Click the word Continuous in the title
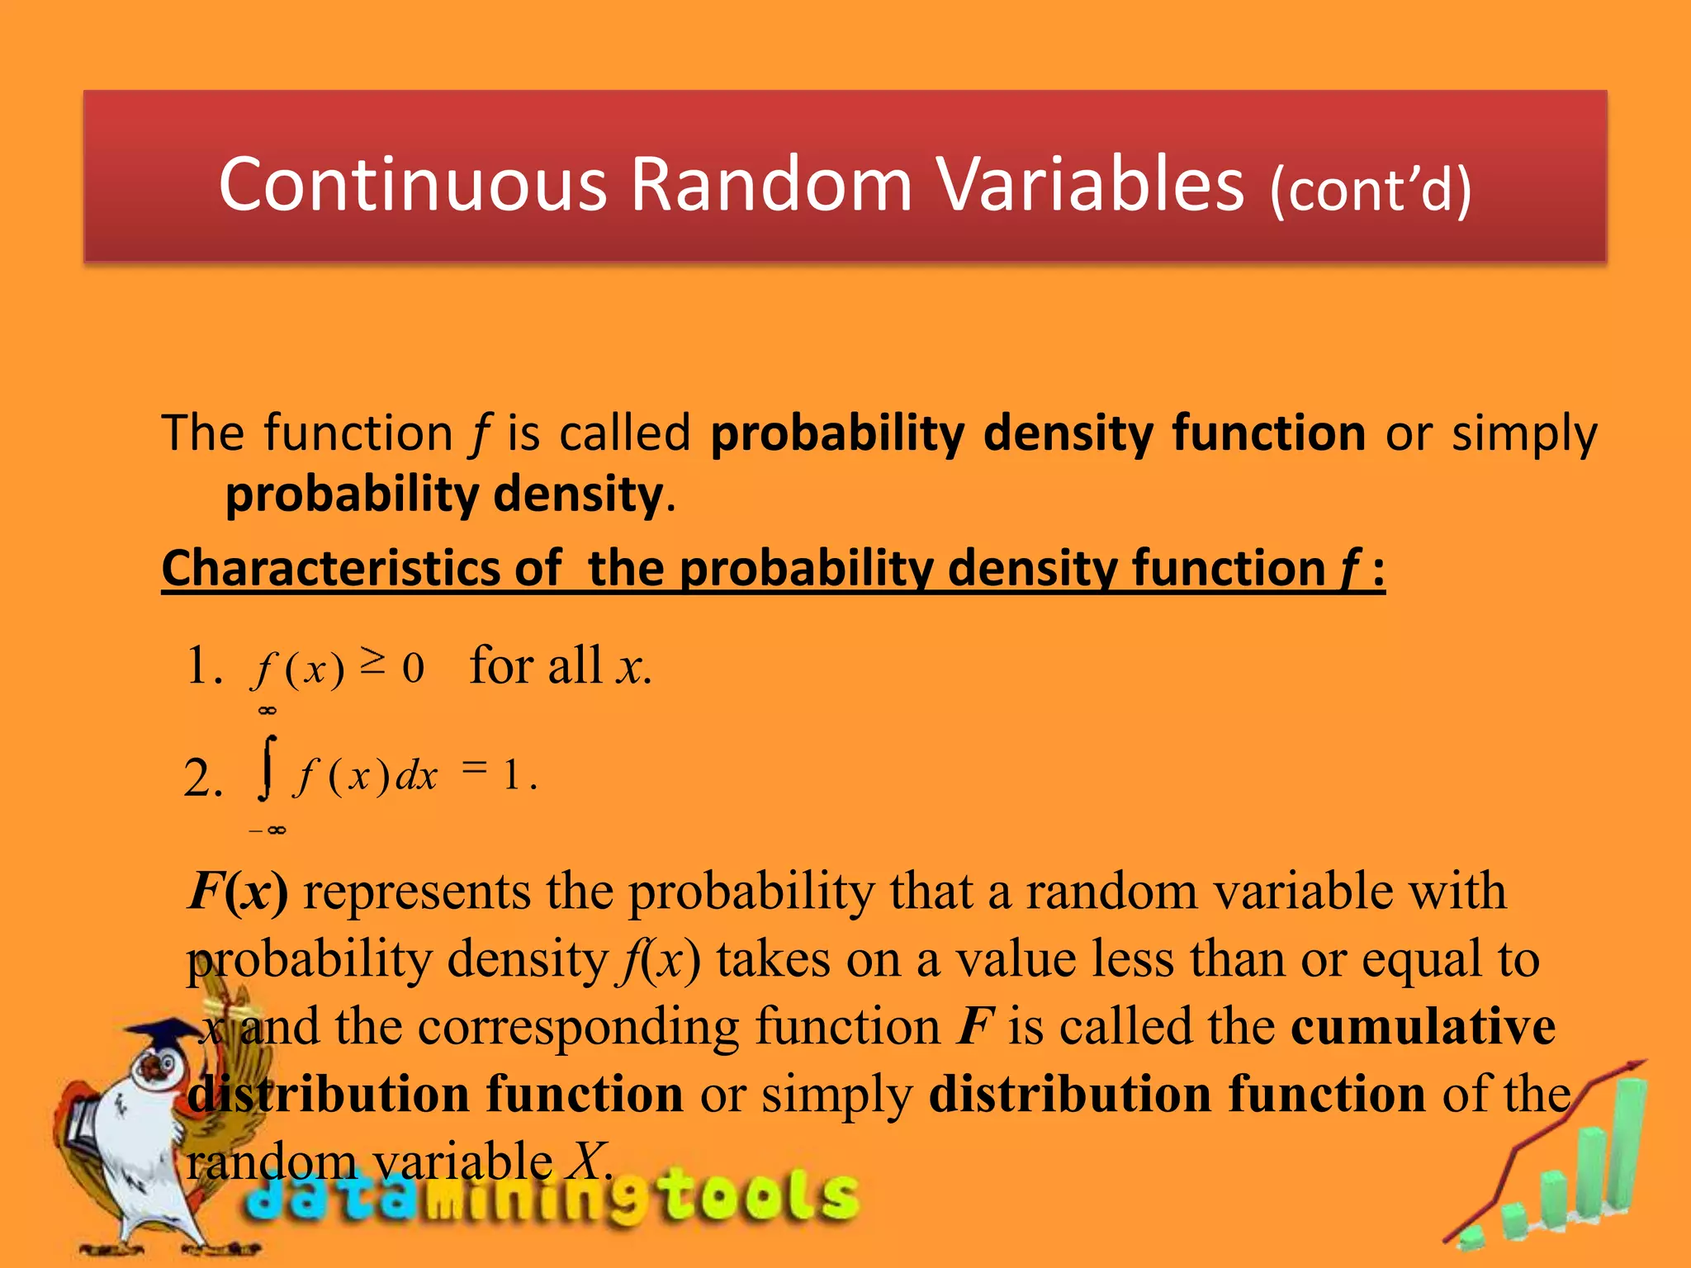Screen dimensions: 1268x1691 pos(413,185)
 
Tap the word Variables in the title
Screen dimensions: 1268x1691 pos(1090,185)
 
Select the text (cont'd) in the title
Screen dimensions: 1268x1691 pos(1371,190)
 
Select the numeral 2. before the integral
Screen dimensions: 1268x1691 pos(203,778)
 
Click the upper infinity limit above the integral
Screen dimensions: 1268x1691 pos(267,711)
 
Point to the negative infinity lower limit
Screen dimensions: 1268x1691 pos(268,830)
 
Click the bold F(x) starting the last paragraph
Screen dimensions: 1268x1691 pos(238,892)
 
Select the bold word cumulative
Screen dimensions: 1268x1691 pos(1423,1027)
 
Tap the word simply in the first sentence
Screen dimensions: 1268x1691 pos(1524,433)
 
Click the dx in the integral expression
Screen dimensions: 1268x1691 pos(416,776)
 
